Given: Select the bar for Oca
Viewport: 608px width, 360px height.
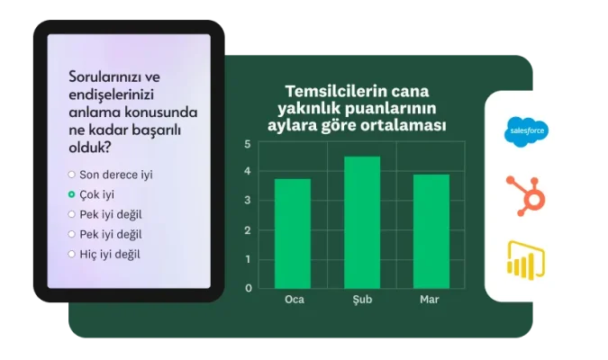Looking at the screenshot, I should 292,233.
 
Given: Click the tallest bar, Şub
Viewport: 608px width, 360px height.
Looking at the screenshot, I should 362,222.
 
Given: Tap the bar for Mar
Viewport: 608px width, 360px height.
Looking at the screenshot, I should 431,231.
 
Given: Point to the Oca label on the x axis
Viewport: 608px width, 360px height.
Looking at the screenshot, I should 293,299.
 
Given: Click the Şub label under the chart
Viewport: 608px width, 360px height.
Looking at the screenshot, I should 362,299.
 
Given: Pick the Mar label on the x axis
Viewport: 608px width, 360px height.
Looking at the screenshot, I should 430,299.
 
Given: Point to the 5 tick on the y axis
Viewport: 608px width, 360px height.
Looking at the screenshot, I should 248,144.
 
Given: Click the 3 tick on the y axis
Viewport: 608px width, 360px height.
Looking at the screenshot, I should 248,202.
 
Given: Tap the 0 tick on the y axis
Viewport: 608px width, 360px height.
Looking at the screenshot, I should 248,288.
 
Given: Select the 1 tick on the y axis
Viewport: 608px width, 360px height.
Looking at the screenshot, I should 248,259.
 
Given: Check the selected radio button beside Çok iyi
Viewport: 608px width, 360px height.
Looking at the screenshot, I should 72,194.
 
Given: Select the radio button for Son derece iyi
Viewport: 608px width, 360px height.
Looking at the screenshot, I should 72,175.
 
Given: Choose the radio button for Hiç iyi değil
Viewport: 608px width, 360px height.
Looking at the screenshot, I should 72,254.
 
